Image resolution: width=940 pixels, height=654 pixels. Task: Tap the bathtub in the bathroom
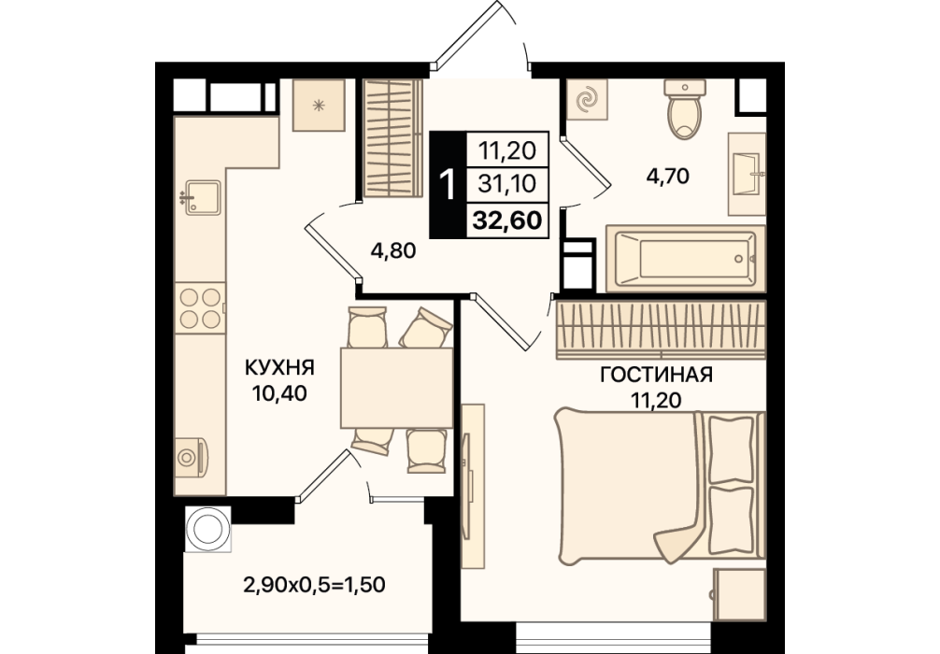point(685,259)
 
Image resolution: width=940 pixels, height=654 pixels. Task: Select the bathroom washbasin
point(747,174)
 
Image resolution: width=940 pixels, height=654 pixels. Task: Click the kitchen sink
point(203,197)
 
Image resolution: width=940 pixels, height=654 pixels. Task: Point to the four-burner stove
point(200,308)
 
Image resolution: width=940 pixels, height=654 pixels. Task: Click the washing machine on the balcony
point(208,529)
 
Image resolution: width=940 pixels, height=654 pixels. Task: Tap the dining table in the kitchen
point(396,387)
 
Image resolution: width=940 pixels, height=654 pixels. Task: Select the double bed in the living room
point(660,487)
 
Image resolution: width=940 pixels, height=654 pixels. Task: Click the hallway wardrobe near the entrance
point(390,138)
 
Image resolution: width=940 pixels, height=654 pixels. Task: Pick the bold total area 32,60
point(507,220)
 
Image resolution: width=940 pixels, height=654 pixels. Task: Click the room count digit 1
point(448,183)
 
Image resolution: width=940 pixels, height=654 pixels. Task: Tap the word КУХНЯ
point(280,367)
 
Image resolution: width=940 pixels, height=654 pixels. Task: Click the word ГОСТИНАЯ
point(657,375)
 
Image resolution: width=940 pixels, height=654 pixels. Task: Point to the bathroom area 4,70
point(667,177)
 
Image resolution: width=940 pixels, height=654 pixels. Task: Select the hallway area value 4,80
point(393,250)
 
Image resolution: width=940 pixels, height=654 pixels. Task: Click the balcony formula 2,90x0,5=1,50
point(314,583)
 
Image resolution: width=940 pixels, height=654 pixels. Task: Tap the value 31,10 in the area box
point(507,183)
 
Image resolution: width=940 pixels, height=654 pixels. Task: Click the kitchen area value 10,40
point(280,393)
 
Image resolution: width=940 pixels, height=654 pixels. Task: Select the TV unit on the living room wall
point(473,486)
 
